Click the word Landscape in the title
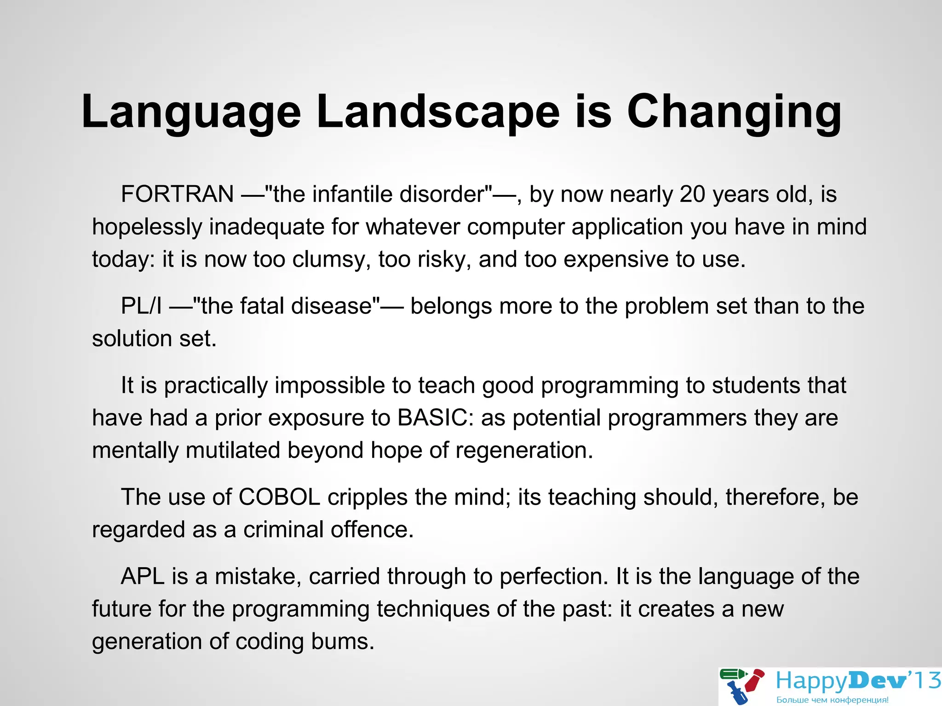(x=438, y=112)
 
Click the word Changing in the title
(x=734, y=112)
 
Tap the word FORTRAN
(x=178, y=194)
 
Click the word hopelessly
(x=147, y=227)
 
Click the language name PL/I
(x=141, y=306)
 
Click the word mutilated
(x=233, y=450)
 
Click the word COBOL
(x=279, y=497)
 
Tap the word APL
(x=143, y=576)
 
